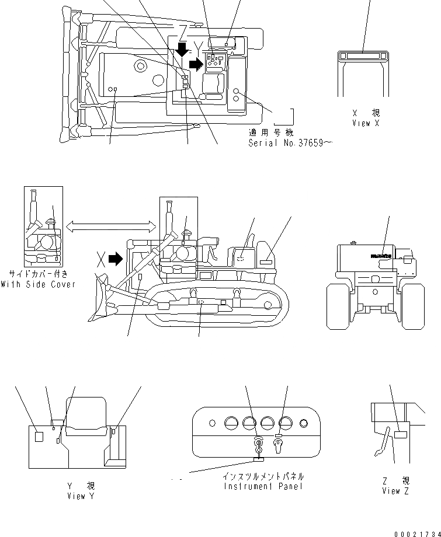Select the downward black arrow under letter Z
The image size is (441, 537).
click(x=182, y=49)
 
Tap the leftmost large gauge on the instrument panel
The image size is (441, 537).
click(x=230, y=423)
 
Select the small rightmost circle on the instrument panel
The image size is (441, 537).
click(x=303, y=423)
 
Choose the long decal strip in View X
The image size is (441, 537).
click(x=362, y=55)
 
